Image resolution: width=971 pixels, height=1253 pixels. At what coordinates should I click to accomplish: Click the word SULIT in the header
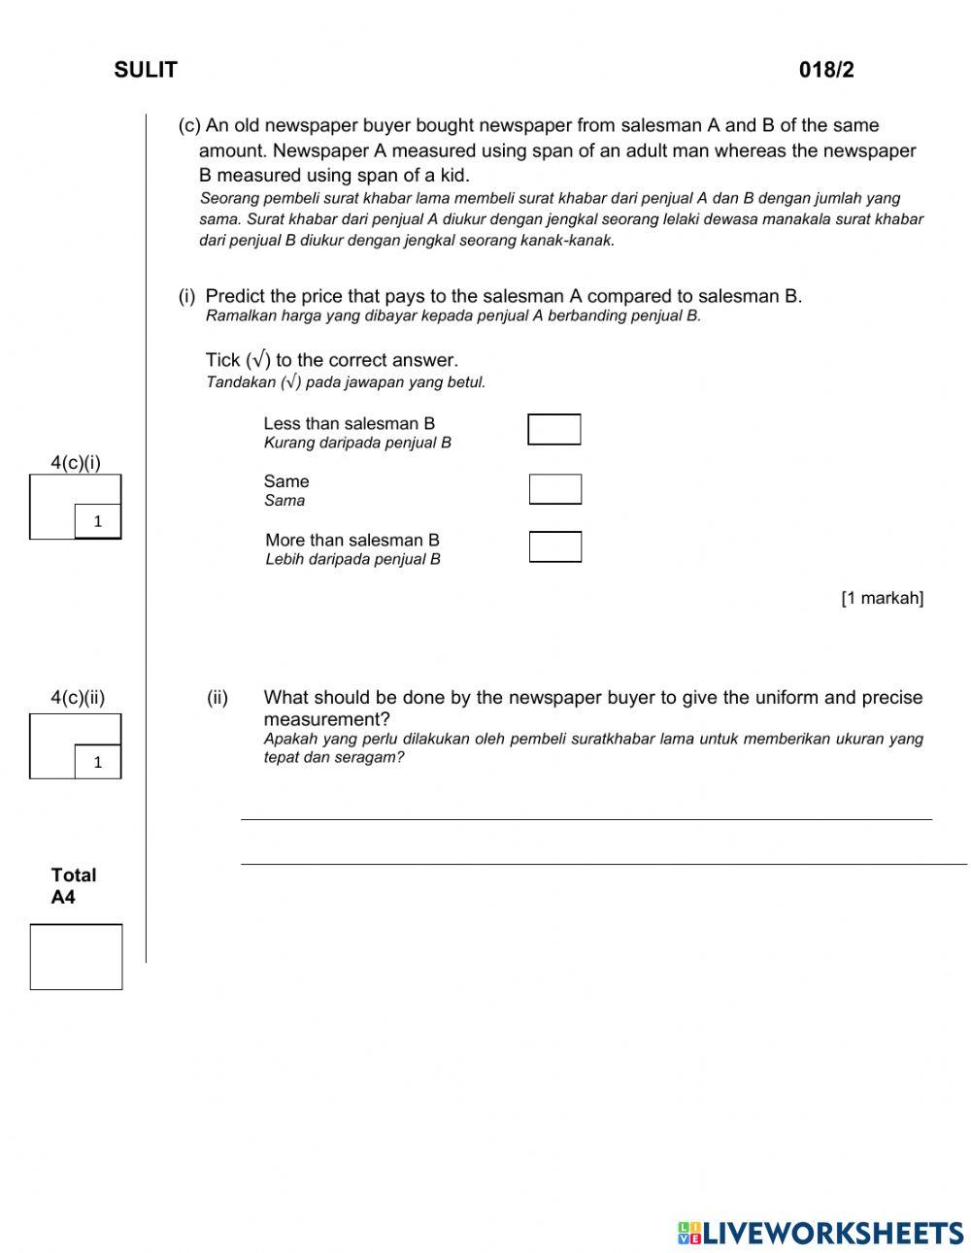[146, 70]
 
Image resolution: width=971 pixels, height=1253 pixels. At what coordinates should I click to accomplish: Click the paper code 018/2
[826, 70]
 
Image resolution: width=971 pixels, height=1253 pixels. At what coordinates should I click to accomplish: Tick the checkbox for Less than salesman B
[554, 429]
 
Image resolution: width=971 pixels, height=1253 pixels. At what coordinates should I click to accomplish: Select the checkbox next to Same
[555, 489]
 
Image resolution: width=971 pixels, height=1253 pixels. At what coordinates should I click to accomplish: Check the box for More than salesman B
[555, 546]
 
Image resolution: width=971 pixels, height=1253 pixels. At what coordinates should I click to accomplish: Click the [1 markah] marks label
[882, 598]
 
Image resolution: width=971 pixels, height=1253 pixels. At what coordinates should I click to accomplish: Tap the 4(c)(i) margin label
[76, 462]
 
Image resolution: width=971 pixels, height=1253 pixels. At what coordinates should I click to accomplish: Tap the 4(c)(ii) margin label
[78, 697]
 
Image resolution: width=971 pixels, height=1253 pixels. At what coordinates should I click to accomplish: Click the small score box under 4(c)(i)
[98, 521]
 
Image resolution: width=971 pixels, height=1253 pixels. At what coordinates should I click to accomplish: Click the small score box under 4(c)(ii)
[98, 762]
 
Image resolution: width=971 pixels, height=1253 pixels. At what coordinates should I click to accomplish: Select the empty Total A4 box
[76, 957]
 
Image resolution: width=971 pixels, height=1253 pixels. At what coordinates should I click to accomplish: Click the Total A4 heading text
[73, 885]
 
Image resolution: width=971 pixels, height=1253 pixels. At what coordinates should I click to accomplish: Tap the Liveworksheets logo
[820, 1233]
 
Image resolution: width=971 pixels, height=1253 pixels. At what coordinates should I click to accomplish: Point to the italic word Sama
[285, 501]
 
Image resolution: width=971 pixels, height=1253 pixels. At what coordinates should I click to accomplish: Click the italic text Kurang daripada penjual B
[357, 443]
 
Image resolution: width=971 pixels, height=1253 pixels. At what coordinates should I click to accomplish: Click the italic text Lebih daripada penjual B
[352, 559]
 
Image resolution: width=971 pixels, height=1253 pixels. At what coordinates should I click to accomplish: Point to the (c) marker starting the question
[189, 125]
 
